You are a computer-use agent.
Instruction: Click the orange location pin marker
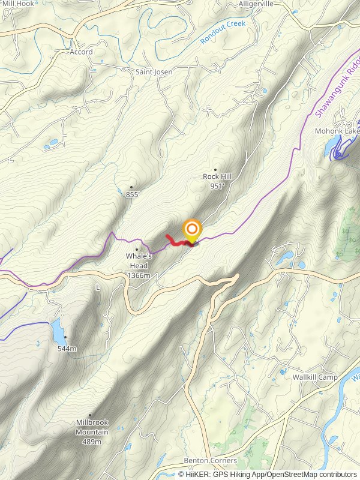[x=191, y=230]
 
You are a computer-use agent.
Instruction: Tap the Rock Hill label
[x=217, y=176]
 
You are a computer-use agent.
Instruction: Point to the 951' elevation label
[x=217, y=186]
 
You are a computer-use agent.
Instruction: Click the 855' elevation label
[x=133, y=194]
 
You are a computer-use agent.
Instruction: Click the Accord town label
[x=81, y=52]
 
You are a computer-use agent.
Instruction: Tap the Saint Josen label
[x=154, y=72]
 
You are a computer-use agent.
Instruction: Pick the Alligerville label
[x=256, y=4]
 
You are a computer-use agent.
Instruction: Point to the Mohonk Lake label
[x=338, y=130]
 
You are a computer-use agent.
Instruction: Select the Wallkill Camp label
[x=315, y=377]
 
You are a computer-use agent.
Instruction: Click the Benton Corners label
[x=211, y=460]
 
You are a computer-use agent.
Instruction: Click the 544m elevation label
[x=67, y=349]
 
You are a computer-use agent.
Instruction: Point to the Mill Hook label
[x=18, y=4]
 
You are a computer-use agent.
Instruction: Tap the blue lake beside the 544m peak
[x=56, y=329]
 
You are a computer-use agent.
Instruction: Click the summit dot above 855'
[x=131, y=187]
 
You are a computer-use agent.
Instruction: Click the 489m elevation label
[x=92, y=442]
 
